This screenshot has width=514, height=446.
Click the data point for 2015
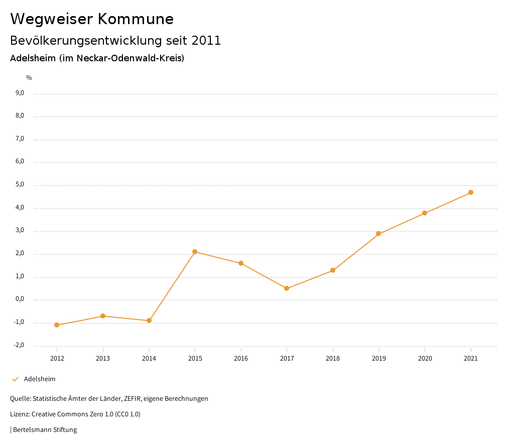point(195,252)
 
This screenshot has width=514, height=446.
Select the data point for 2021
point(471,192)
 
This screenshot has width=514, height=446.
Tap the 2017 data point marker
point(287,288)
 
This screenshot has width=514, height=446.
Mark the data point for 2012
point(57,325)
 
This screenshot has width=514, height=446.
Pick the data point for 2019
point(378,234)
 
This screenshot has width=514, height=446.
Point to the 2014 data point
point(149,320)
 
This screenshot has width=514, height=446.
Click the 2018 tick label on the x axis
point(333,359)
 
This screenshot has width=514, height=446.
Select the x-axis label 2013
point(103,359)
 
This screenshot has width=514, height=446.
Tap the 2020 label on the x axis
point(425,359)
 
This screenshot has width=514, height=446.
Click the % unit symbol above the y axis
point(29,78)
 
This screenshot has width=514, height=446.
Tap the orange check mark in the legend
point(15,379)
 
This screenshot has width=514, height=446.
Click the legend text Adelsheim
point(40,379)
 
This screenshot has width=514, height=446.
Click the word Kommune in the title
point(136,19)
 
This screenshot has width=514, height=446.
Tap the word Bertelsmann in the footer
point(32,430)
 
